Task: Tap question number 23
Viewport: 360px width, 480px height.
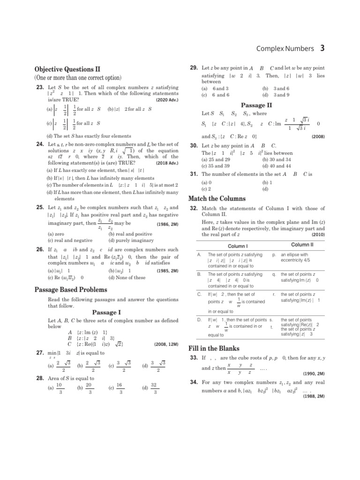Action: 40,87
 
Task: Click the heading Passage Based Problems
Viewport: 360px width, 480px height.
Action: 71,290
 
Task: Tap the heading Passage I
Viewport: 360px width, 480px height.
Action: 106,312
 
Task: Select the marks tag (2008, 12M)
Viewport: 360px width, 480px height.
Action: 166,344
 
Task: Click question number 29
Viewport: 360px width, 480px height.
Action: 193,68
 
